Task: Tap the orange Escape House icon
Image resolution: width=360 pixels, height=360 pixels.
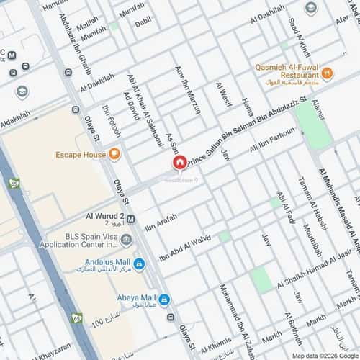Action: [114, 153]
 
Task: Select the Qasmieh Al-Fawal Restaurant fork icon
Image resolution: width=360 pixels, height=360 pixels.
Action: [328, 73]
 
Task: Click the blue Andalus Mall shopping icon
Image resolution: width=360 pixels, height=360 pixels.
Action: [139, 264]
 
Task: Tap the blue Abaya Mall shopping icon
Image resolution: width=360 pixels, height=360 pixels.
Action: [164, 298]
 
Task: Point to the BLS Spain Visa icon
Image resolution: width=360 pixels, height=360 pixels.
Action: [126, 240]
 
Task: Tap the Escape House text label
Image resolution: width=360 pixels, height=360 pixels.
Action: [78, 154]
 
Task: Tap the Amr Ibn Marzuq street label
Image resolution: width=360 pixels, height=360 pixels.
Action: [187, 90]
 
